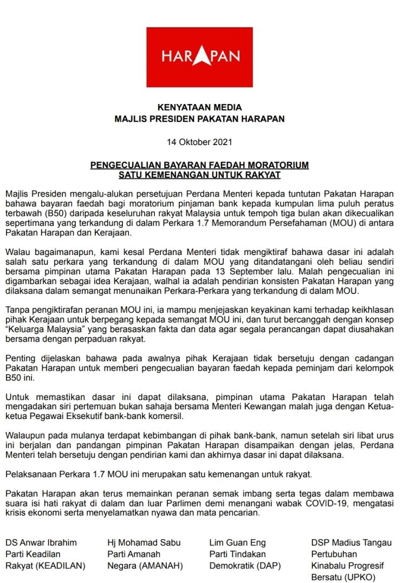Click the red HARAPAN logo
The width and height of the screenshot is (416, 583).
point(199,57)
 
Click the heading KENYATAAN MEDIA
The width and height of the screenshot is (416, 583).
point(199,107)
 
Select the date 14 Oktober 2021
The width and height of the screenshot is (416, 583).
point(199,142)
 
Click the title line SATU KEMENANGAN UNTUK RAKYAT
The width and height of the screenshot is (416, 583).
point(199,174)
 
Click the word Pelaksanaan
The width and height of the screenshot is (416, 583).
point(30,475)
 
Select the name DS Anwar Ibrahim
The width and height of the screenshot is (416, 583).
point(41,542)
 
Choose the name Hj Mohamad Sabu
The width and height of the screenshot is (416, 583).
point(144,542)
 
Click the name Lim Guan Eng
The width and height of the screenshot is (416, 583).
point(235,542)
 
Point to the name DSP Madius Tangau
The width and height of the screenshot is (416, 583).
point(352,542)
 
